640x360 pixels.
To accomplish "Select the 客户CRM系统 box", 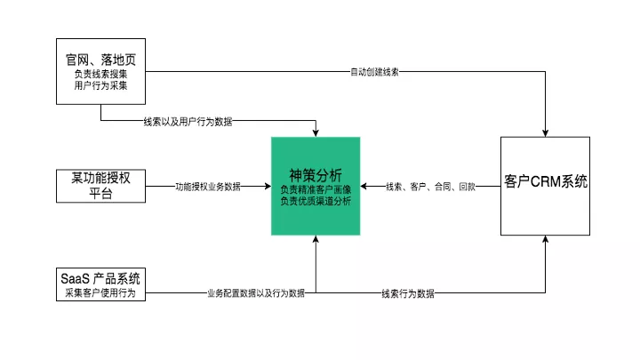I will [545, 186].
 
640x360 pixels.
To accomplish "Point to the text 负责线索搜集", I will [100, 76].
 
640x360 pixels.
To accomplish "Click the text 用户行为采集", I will [100, 87].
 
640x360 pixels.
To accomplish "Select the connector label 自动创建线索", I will [374, 72].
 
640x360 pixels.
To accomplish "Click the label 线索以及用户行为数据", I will [188, 121].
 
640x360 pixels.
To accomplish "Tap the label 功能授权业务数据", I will [208, 187].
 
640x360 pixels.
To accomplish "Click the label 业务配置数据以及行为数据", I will [255, 292].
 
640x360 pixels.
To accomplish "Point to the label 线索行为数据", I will [408, 292].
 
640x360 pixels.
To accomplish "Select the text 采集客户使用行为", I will [100, 292].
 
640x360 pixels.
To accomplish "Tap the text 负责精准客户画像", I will [316, 189].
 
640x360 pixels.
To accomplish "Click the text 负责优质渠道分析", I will [316, 202].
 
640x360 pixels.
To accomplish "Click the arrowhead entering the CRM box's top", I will [545, 132].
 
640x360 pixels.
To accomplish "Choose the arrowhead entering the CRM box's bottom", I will [545, 241].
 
